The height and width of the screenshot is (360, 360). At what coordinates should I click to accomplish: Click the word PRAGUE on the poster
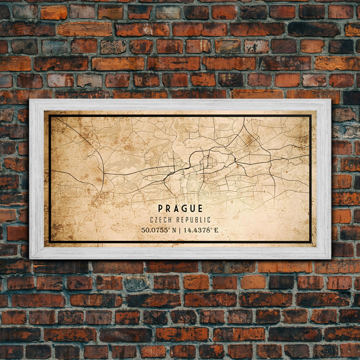[x=180, y=208]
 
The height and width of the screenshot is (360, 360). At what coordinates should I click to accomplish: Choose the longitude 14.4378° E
[x=201, y=230]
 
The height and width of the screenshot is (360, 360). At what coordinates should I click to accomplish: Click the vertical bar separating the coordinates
[x=180, y=230]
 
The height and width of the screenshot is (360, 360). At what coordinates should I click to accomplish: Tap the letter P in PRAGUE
[x=160, y=208]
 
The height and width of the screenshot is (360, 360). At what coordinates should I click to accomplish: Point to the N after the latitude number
[x=174, y=230]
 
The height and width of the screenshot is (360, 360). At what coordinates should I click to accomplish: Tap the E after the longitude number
[x=216, y=230]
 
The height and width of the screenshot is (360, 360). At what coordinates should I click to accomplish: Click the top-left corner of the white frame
[x=30, y=100]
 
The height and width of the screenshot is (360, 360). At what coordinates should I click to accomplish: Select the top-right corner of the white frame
[x=330, y=100]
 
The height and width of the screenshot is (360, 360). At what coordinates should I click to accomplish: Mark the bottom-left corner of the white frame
[x=30, y=259]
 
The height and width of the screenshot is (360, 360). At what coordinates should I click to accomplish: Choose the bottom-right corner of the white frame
[x=330, y=259]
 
